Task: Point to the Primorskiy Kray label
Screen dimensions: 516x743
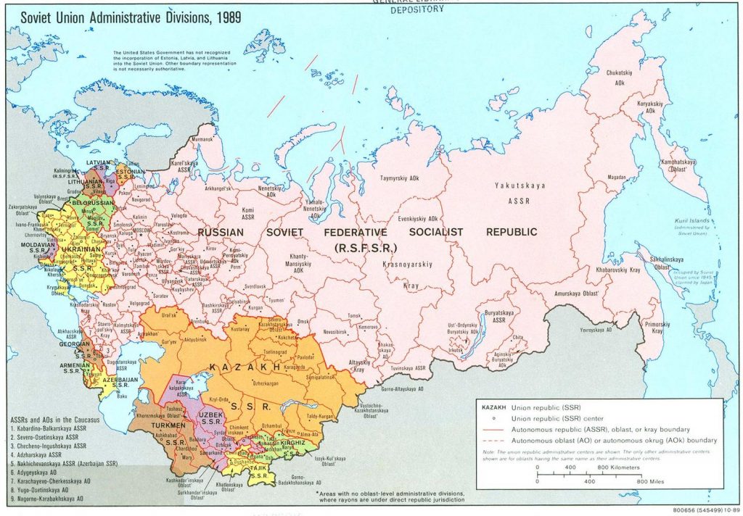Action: pos(657,326)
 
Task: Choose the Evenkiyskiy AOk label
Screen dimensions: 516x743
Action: pos(418,218)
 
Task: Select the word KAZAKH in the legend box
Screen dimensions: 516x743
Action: pos(495,407)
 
